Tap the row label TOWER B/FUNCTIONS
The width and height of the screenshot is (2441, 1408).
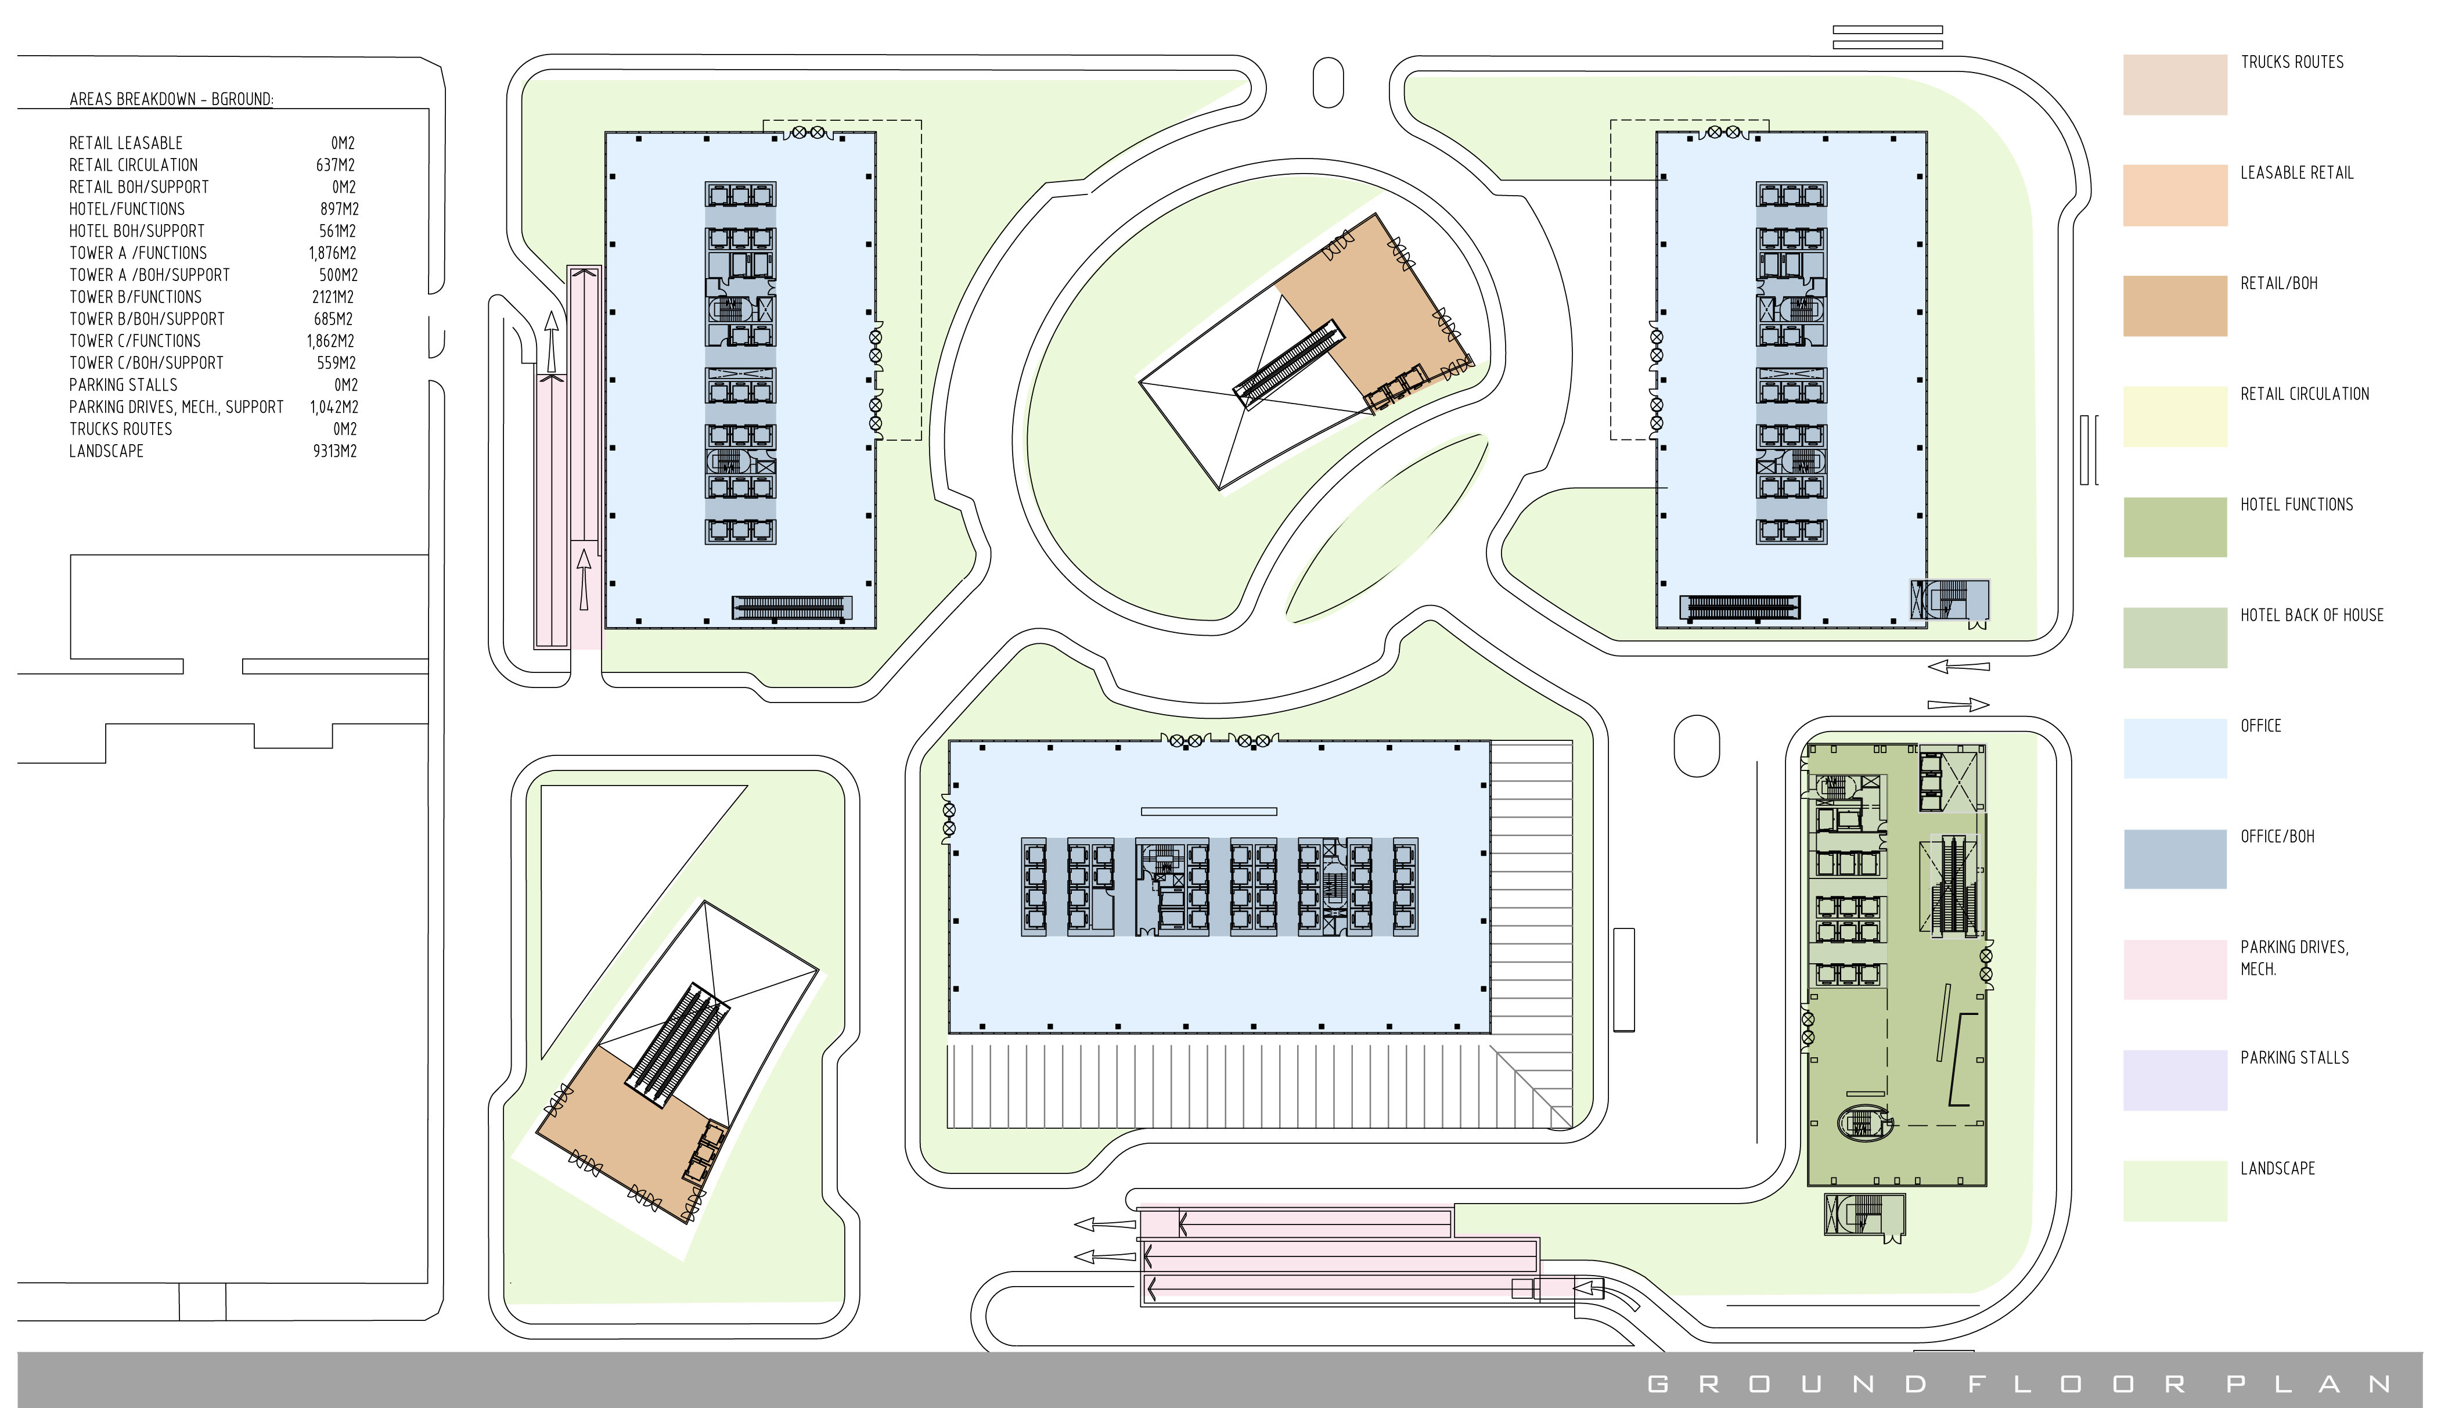(135, 297)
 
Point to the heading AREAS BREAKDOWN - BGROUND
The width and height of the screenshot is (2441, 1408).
(171, 99)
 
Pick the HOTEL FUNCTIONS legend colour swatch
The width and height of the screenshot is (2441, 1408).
(2174, 527)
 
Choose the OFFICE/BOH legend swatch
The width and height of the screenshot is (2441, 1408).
(2174, 859)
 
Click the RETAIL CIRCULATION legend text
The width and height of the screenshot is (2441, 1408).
(2305, 394)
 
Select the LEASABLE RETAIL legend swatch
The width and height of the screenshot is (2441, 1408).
(2174, 195)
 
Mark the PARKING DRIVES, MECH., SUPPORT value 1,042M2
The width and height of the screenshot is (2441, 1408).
(333, 407)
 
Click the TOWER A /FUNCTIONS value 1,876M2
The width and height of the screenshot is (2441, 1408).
(333, 253)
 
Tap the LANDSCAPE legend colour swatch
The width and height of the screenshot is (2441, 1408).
(2174, 1190)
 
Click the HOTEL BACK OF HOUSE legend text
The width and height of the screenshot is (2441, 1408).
(2312, 615)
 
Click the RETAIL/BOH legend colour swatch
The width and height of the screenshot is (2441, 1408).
(2174, 305)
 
